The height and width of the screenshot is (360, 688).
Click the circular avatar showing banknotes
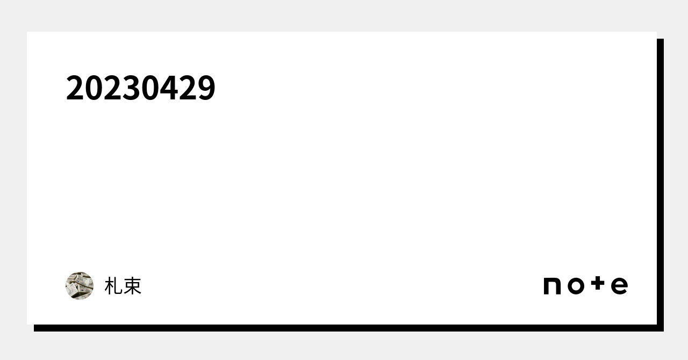(x=80, y=286)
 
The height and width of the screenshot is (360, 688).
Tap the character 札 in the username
(x=113, y=286)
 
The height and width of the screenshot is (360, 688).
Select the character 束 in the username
(x=132, y=286)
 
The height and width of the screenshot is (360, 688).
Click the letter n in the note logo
(x=552, y=286)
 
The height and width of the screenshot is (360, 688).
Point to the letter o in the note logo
(x=576, y=286)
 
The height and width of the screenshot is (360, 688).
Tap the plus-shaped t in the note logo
(x=598, y=284)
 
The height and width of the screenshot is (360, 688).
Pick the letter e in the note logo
(x=620, y=286)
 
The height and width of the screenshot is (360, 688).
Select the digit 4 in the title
(x=169, y=88)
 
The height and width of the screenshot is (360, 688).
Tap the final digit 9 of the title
(x=206, y=88)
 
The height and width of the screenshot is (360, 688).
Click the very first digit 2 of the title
(x=75, y=88)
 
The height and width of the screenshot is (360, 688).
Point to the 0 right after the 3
(x=150, y=88)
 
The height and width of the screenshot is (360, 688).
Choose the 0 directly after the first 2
(x=94, y=88)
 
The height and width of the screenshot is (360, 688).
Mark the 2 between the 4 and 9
(x=188, y=88)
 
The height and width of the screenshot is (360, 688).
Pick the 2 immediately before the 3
(x=113, y=88)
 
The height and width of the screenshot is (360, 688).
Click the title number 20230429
(x=141, y=88)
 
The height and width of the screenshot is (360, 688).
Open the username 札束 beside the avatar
(x=123, y=286)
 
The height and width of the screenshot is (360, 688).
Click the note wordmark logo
(x=586, y=285)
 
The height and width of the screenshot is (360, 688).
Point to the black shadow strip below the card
(x=349, y=328)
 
